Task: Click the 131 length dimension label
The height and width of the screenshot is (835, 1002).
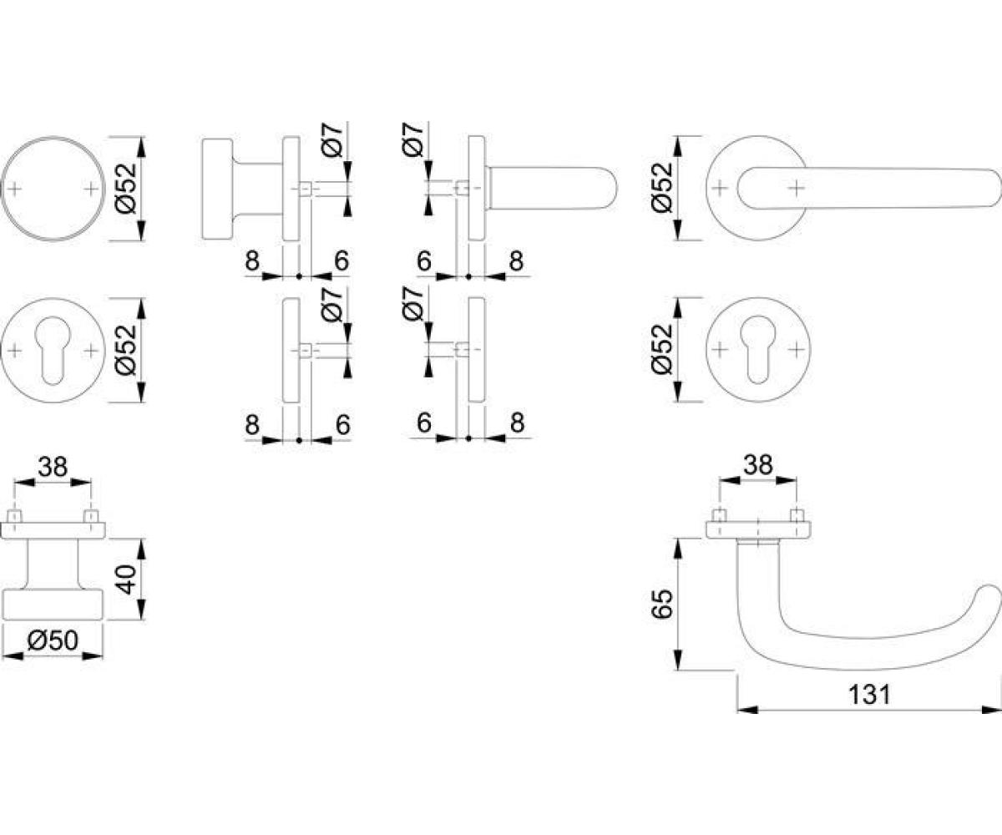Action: (869, 695)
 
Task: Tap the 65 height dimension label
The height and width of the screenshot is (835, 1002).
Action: (663, 605)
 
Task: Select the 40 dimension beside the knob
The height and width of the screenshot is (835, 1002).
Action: (127, 579)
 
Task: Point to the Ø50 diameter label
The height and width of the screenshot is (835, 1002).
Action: (53, 640)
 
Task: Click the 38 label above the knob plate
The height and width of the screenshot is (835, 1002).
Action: (53, 467)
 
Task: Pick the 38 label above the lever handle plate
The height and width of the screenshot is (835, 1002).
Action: (758, 464)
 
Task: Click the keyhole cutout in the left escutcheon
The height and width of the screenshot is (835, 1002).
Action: (53, 349)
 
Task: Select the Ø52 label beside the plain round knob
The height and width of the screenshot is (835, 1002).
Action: (127, 188)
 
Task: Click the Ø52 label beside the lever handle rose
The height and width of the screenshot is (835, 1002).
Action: (663, 188)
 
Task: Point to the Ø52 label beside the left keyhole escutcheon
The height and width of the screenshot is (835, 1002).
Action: (127, 351)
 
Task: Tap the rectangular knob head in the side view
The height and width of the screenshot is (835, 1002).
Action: (217, 189)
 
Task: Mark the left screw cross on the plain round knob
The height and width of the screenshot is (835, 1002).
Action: (14, 189)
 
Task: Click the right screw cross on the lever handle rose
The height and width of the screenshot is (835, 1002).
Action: (797, 188)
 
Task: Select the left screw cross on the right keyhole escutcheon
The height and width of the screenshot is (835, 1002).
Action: (719, 349)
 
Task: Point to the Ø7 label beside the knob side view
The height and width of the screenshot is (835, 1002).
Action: (332, 139)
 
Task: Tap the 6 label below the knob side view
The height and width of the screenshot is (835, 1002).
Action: (342, 261)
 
